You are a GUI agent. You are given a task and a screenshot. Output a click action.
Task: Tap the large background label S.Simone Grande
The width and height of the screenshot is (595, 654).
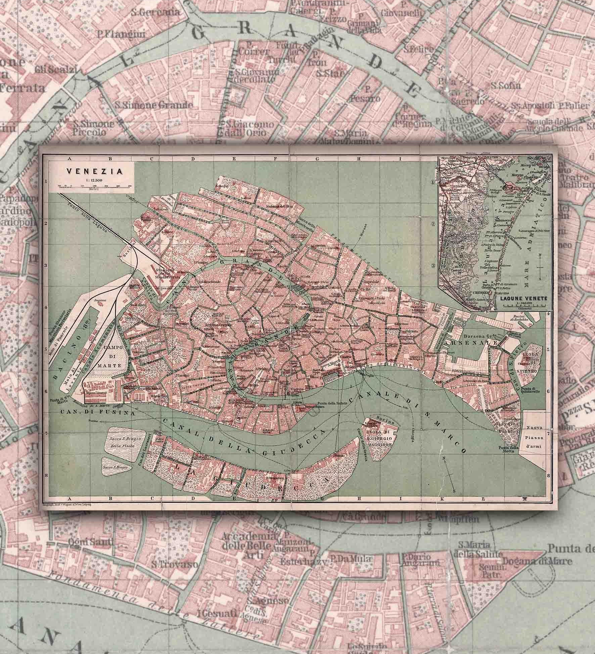[154, 105]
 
